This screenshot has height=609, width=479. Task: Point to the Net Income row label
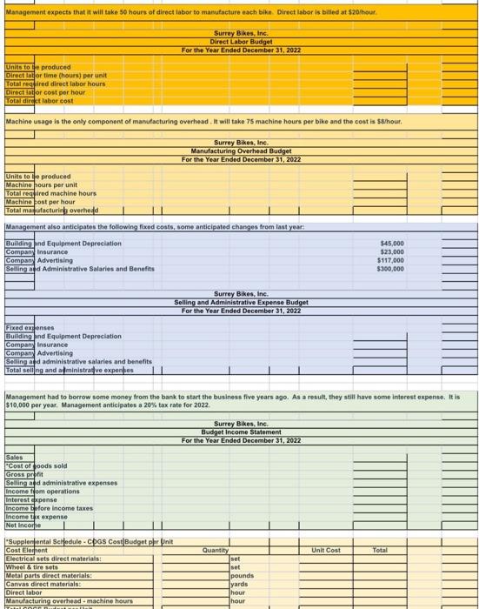tap(24, 525)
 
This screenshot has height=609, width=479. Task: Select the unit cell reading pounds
tap(243, 575)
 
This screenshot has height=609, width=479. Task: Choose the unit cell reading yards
tap(240, 584)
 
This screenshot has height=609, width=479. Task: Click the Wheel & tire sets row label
tap(32, 566)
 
